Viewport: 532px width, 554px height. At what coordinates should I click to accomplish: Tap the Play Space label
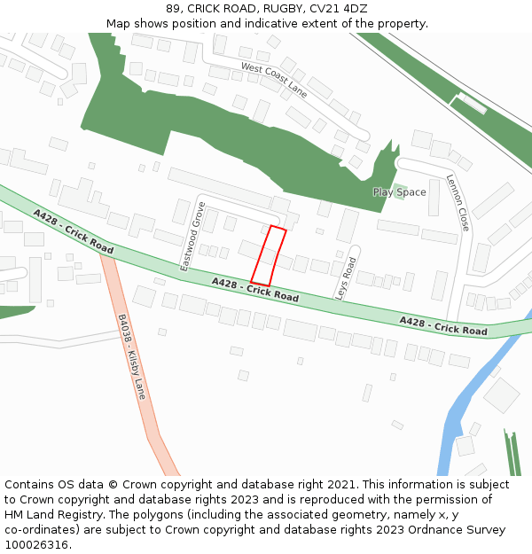399,192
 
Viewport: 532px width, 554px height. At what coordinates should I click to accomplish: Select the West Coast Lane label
274,80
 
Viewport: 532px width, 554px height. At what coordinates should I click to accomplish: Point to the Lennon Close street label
458,201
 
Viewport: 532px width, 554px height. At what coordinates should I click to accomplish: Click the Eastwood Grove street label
192,236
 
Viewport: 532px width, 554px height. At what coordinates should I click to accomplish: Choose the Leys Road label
344,278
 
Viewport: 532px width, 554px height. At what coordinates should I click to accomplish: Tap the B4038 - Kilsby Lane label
131,356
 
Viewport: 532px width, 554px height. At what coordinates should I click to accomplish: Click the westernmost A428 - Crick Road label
74,231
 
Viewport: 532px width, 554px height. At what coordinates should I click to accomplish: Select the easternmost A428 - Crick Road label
442,325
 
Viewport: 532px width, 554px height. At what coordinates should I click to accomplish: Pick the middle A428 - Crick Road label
254,289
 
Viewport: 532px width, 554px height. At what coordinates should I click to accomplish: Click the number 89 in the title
173,9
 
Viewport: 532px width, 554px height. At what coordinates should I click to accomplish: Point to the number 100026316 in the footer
37,545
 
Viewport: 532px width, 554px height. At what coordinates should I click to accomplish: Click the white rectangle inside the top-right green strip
471,103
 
